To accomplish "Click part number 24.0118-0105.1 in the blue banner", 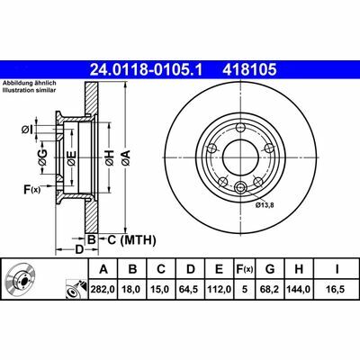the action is coord(147,70).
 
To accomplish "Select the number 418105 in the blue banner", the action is coord(249,70).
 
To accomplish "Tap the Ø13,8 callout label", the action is coord(265,205).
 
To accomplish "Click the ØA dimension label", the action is coord(125,157).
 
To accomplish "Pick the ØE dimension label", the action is coord(71,158).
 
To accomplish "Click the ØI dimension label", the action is coord(26,130).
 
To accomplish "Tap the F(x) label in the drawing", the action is coord(32,189).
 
